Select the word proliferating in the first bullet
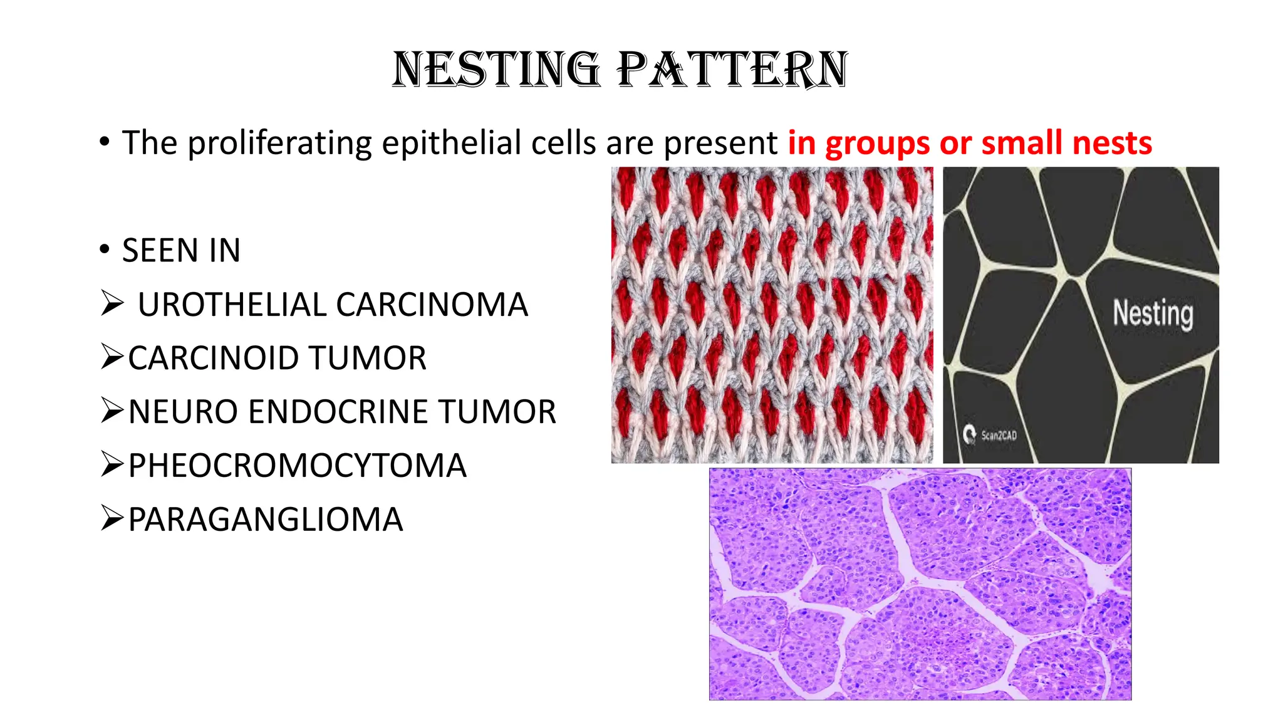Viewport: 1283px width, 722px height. pos(279,144)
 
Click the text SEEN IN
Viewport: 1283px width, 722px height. pos(181,251)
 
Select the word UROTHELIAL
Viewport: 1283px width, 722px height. pos(232,305)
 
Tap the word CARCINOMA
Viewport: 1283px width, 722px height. pos(432,305)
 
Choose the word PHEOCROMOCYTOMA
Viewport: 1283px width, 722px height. pos(297,466)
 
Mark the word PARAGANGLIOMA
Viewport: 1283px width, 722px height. pos(265,520)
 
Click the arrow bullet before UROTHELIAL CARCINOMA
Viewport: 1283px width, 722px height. pos(112,304)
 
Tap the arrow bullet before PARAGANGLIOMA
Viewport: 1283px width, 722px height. pos(112,519)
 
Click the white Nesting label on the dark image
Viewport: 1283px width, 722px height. pos(1153,313)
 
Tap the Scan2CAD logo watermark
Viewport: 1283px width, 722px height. pos(990,435)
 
